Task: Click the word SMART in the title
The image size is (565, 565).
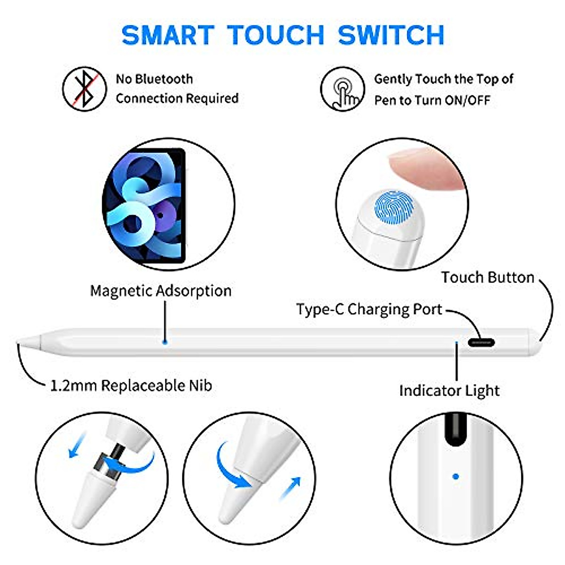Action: [168, 35]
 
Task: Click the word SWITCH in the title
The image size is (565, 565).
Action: [391, 35]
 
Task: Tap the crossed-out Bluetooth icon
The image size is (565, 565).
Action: [84, 89]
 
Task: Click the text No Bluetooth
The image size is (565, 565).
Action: [154, 79]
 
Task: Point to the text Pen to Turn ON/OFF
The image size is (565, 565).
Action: [432, 100]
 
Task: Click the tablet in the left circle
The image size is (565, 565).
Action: [144, 206]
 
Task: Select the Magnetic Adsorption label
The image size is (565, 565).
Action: [161, 291]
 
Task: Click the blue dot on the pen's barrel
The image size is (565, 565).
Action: [164, 341]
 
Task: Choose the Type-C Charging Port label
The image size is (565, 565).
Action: [369, 309]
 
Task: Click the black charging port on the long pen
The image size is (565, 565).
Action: [481, 342]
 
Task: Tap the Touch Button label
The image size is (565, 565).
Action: [487, 277]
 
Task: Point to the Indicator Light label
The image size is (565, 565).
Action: [449, 391]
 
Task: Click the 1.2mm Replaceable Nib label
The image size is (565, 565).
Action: [131, 386]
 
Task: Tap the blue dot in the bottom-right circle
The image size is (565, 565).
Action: [455, 476]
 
